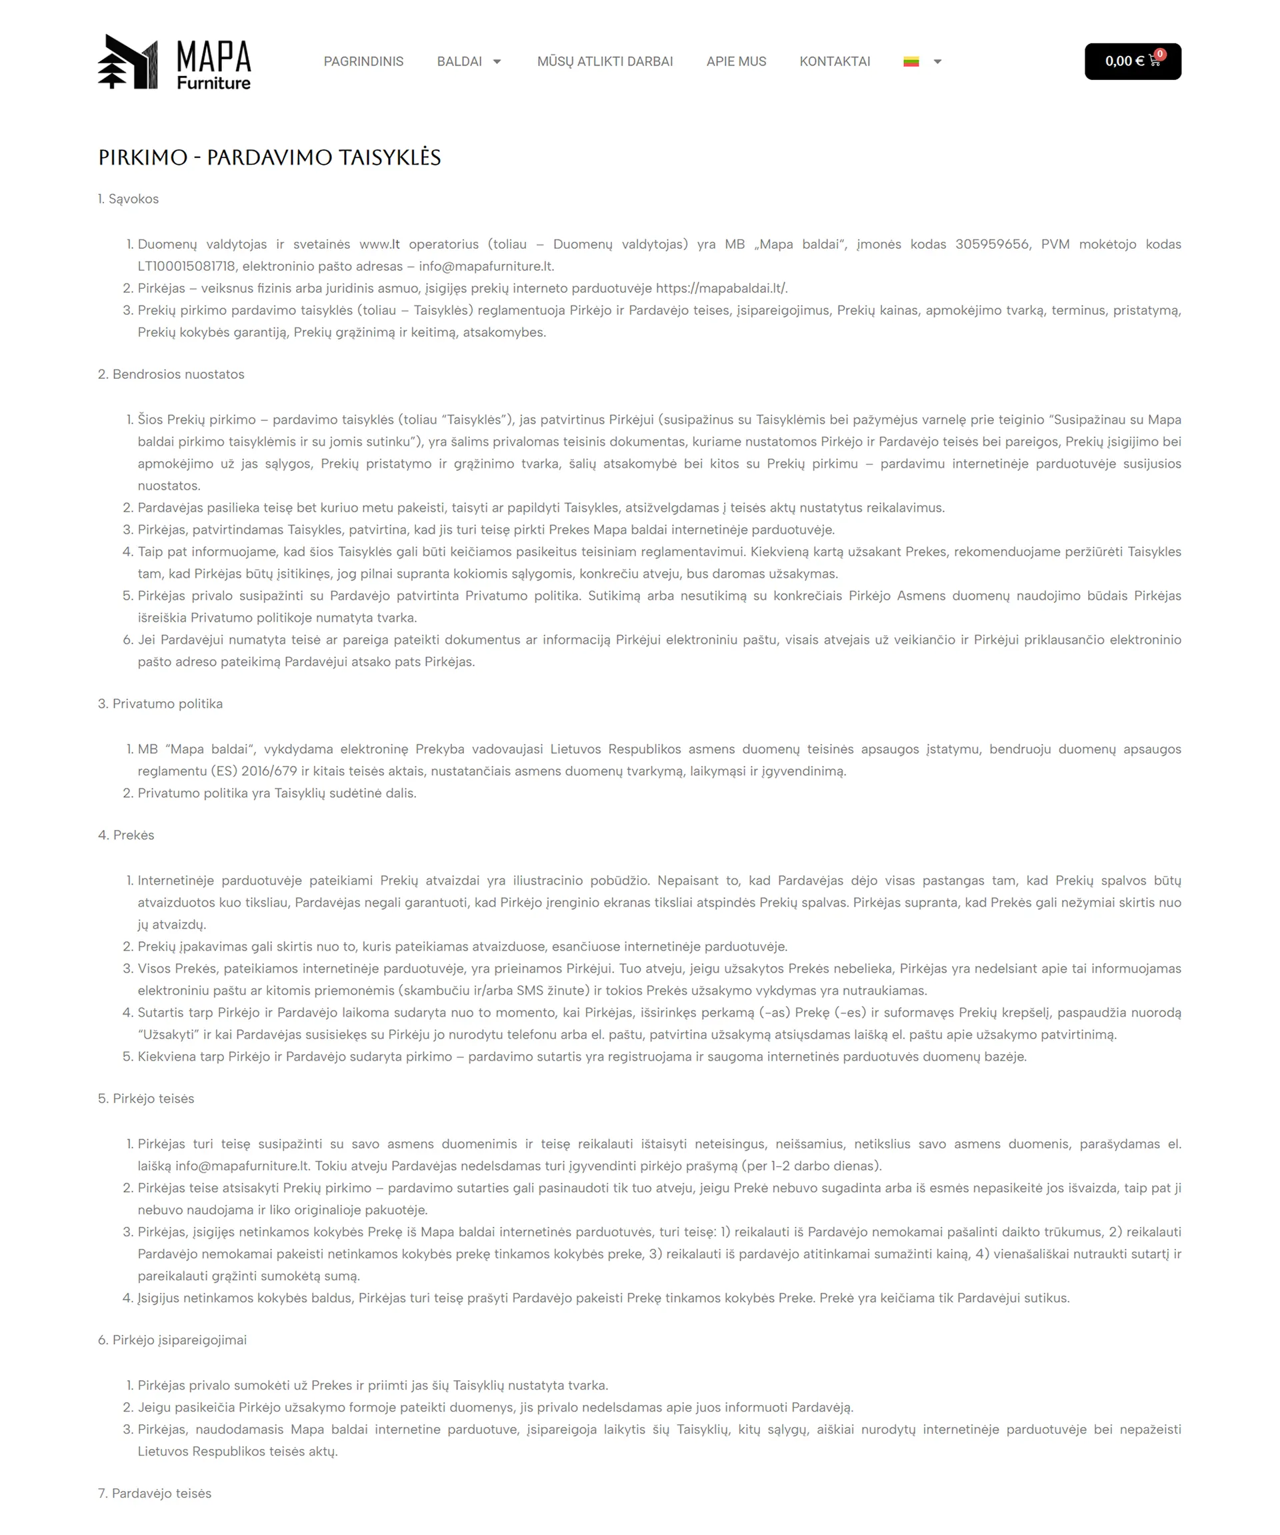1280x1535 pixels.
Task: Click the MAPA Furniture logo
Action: [x=174, y=62]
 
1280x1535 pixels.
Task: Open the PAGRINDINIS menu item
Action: [x=363, y=61]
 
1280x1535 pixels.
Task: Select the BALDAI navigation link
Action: [x=459, y=61]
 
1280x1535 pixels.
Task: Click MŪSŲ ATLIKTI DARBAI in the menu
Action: [x=605, y=61]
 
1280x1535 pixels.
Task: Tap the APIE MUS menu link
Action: [x=736, y=61]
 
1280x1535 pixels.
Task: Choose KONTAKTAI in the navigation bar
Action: [x=835, y=61]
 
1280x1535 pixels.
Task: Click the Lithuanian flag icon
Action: [x=910, y=61]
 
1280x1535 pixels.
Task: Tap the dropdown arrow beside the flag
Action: [x=937, y=61]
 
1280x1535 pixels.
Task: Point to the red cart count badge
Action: [x=1159, y=54]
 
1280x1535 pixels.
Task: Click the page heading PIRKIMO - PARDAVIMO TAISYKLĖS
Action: [x=269, y=157]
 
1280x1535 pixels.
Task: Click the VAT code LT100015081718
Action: [x=185, y=266]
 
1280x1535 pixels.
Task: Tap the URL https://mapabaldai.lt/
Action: [x=721, y=288]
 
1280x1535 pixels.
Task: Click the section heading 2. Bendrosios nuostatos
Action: [x=171, y=374]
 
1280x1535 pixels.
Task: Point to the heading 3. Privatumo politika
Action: [x=160, y=704]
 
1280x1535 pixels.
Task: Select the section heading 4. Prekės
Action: [x=125, y=835]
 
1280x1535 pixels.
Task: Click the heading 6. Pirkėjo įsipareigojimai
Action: [x=173, y=1340]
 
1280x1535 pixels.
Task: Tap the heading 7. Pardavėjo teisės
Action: [x=154, y=1494]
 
